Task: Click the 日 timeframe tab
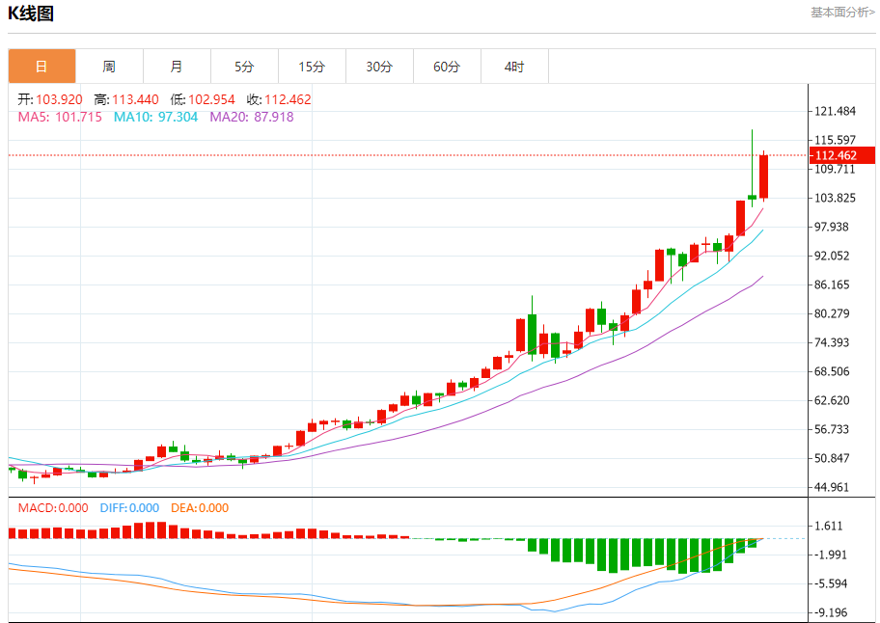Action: (x=41, y=67)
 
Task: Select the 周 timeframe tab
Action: (x=109, y=67)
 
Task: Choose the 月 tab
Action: (x=177, y=67)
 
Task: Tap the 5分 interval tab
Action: (x=244, y=67)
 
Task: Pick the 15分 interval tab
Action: (x=312, y=67)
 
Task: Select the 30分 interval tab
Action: (x=379, y=67)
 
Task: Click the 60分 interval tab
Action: (x=447, y=67)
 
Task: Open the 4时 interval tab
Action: (x=514, y=67)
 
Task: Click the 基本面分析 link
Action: (x=842, y=13)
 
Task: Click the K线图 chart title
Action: (x=31, y=14)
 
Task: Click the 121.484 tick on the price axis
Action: (x=836, y=112)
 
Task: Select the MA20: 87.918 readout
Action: (x=251, y=117)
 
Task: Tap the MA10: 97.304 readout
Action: (x=155, y=117)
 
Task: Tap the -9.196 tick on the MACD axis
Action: (x=832, y=612)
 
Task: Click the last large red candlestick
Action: (x=763, y=176)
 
